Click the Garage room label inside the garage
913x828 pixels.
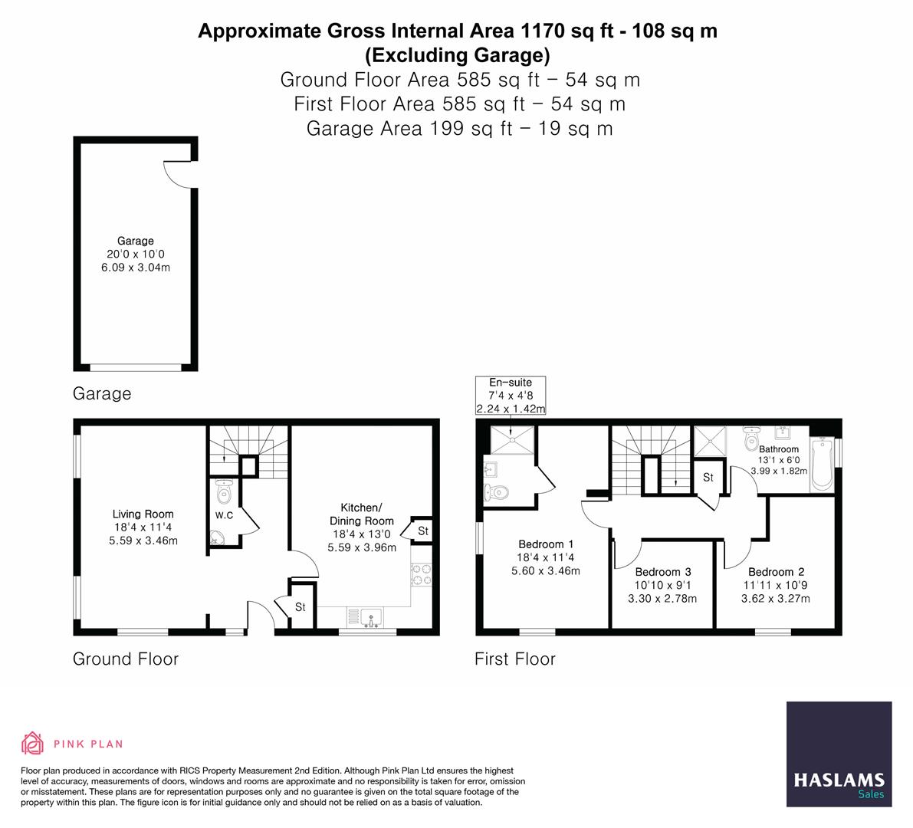(x=136, y=241)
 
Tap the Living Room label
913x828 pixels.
(x=143, y=514)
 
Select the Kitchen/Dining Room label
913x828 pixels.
(x=362, y=514)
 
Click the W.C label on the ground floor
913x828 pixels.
(x=224, y=515)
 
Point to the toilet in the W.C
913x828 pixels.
(x=224, y=491)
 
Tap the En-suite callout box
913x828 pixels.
(x=511, y=396)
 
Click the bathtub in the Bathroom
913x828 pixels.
(x=821, y=464)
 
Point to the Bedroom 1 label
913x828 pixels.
(x=546, y=544)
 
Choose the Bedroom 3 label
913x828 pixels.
(x=663, y=572)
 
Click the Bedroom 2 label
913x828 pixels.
(x=777, y=572)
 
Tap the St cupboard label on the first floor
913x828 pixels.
(x=708, y=478)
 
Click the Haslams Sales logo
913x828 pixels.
(x=839, y=754)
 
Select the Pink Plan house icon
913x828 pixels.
(x=33, y=743)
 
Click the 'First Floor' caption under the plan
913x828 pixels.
(x=515, y=659)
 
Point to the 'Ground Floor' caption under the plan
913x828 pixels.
(x=126, y=659)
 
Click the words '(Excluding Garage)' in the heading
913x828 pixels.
(x=457, y=55)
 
